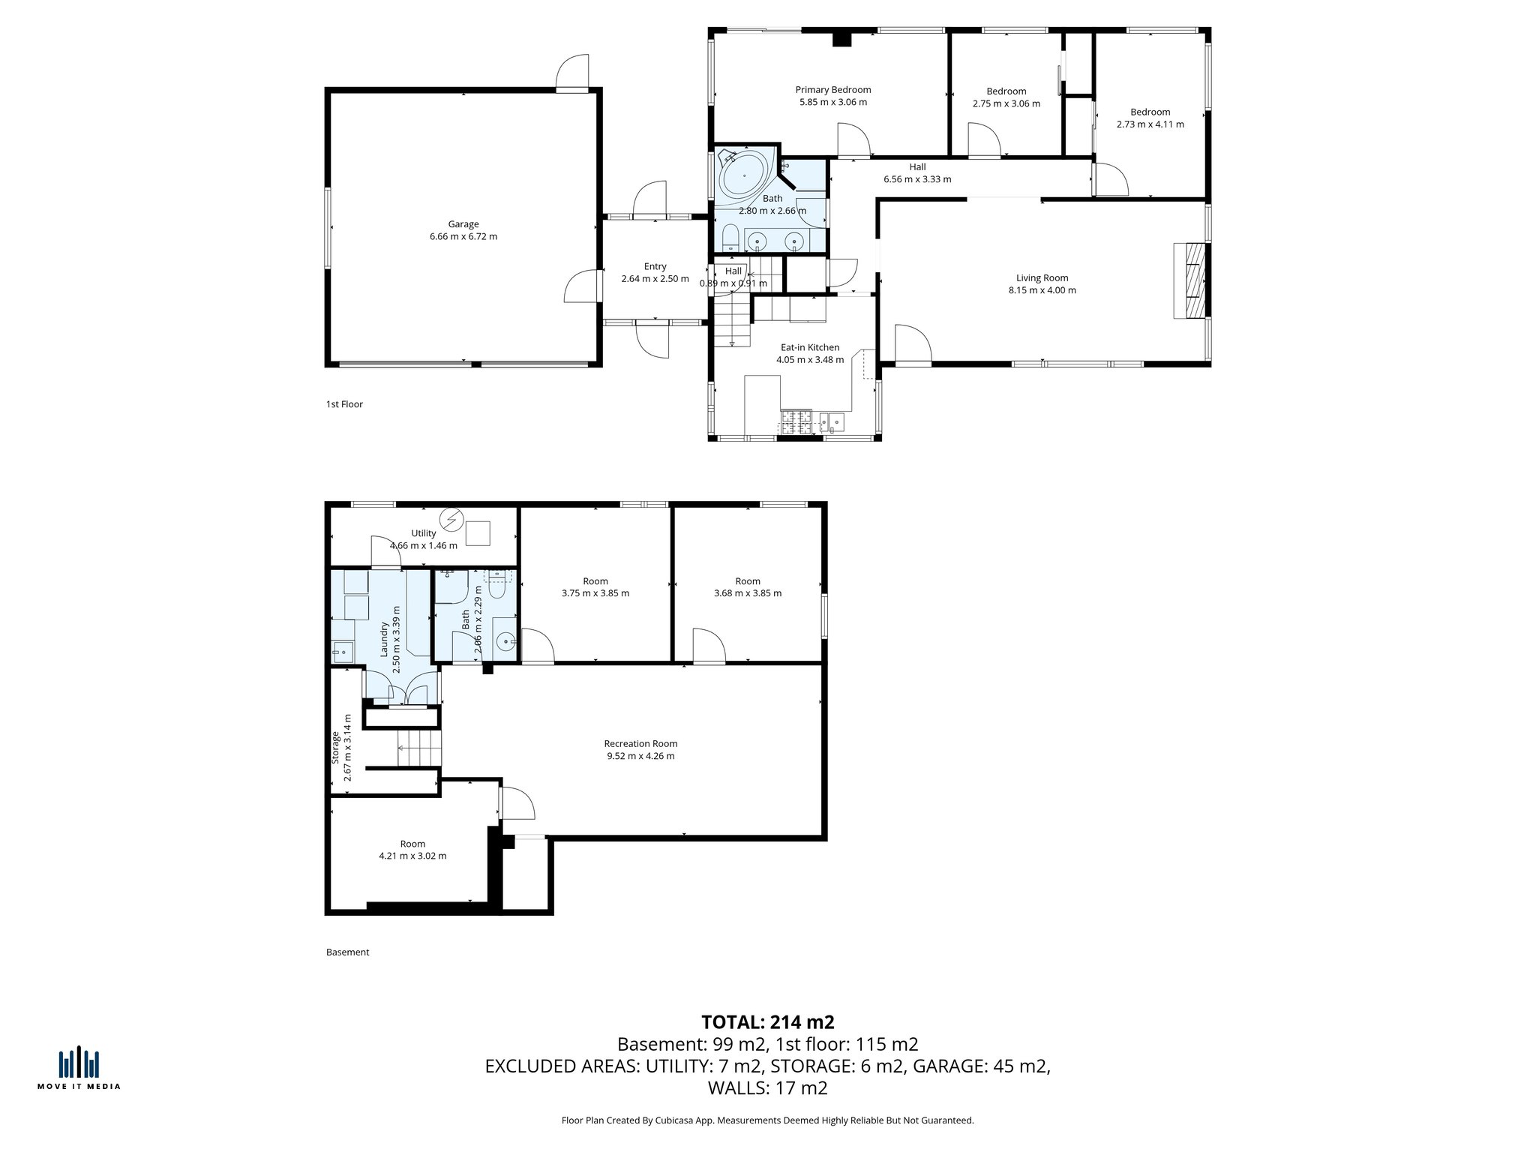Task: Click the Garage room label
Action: [x=463, y=224]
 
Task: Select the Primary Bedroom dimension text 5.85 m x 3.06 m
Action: [x=832, y=102]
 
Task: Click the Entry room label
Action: [x=655, y=266]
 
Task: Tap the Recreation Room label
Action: [x=640, y=744]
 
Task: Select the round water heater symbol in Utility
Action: [x=451, y=519]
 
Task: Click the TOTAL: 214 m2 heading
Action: [x=767, y=1022]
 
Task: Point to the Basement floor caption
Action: [x=347, y=952]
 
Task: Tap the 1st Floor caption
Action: [x=344, y=404]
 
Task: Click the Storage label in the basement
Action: [x=336, y=748]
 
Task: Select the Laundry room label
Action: [x=384, y=639]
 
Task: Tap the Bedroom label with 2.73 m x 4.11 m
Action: [x=1150, y=112]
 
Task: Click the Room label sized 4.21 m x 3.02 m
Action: [x=412, y=844]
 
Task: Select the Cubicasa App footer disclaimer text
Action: [x=767, y=1120]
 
